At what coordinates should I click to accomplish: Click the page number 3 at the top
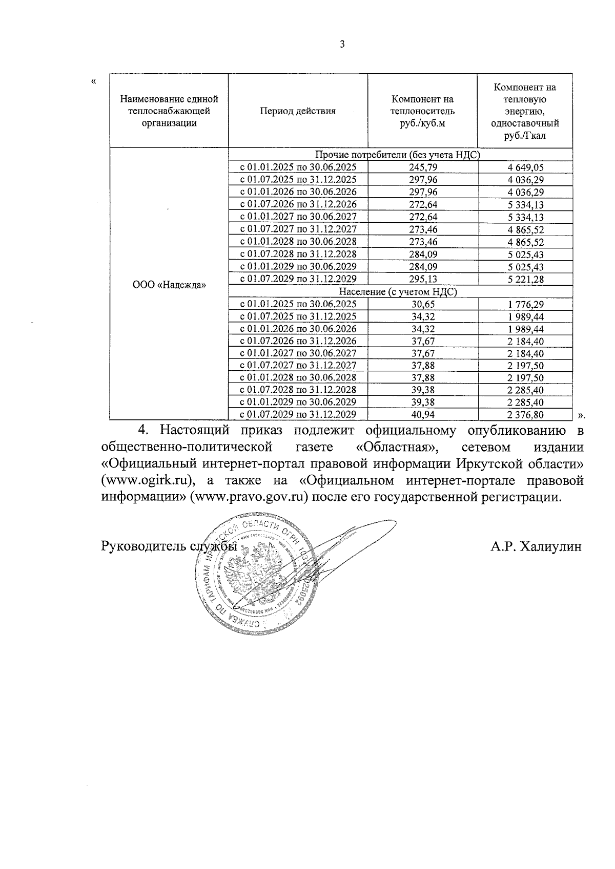tap(342, 45)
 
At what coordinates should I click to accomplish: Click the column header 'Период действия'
tap(297, 111)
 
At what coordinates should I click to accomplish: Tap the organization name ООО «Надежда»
tap(169, 285)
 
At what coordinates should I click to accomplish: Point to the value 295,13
tap(423, 279)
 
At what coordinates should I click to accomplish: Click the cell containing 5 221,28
tap(525, 279)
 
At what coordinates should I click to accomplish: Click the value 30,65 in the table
tap(423, 304)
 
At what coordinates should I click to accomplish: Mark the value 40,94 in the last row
tap(423, 415)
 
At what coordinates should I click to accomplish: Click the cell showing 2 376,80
tap(525, 415)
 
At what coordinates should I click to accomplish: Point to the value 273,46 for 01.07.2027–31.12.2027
tap(423, 229)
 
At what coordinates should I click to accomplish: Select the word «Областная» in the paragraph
tap(397, 447)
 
